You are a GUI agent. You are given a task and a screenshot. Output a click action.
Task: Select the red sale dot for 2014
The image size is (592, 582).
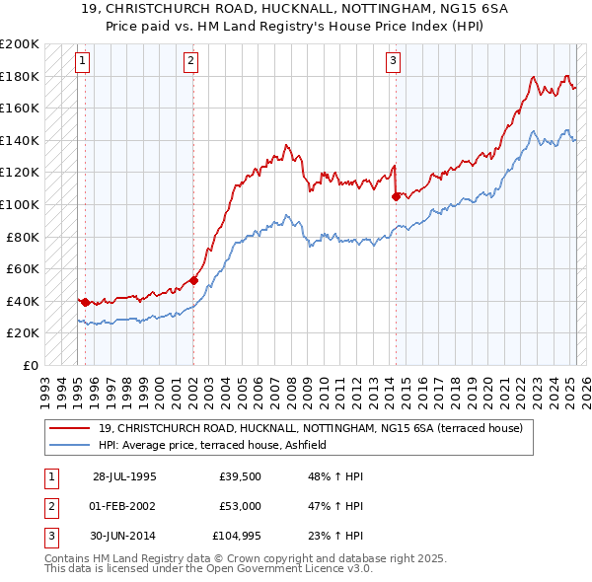pyautogui.click(x=396, y=196)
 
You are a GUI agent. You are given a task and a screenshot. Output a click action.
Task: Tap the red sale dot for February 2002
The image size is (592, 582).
pyautogui.click(x=193, y=280)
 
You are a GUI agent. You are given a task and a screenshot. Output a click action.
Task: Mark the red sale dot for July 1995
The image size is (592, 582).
pyautogui.click(x=86, y=302)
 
